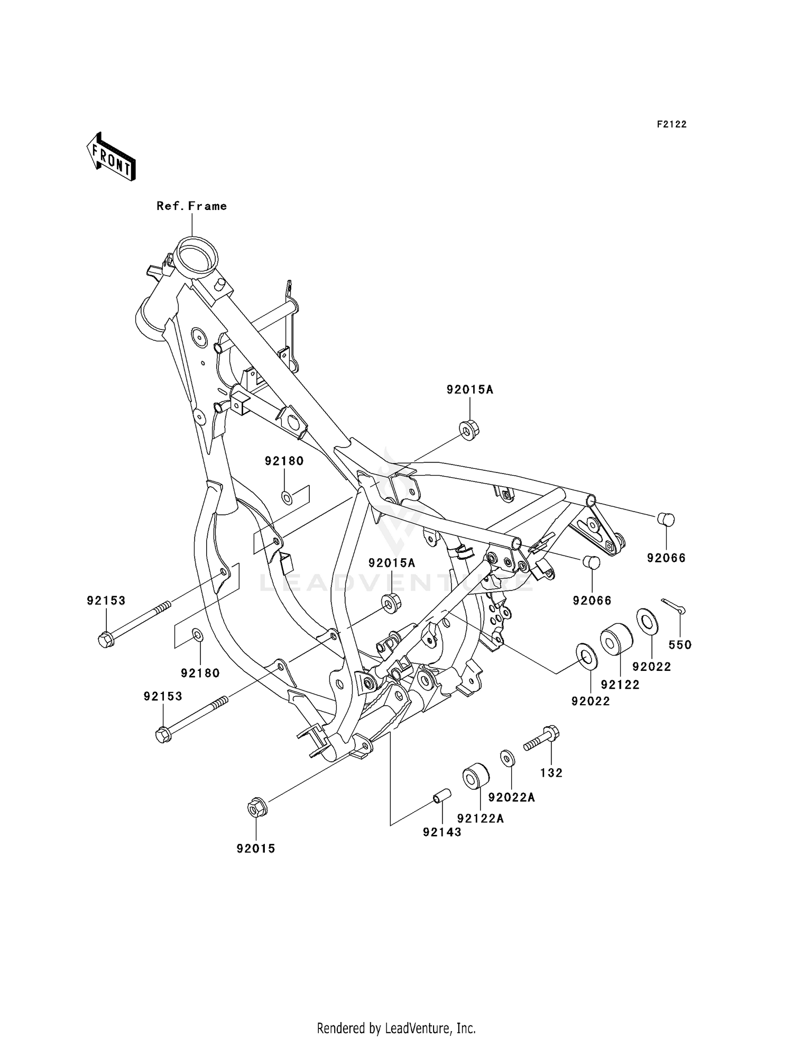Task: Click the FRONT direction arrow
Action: tap(111, 157)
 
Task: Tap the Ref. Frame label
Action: tap(191, 206)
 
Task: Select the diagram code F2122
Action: tap(671, 124)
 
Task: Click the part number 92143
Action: tap(442, 832)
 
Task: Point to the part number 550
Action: tap(680, 644)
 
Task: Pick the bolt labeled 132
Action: tap(542, 739)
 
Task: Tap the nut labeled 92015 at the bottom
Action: tap(257, 808)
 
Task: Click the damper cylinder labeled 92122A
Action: tap(476, 776)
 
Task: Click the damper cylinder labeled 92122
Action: tap(616, 639)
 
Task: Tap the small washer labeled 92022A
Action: tap(507, 758)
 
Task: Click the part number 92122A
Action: tap(481, 818)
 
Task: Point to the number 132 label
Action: tap(551, 773)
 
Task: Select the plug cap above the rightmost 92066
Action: tap(666, 519)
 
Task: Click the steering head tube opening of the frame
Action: tap(197, 254)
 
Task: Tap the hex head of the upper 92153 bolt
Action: tap(106, 640)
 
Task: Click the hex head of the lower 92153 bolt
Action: tap(164, 735)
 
